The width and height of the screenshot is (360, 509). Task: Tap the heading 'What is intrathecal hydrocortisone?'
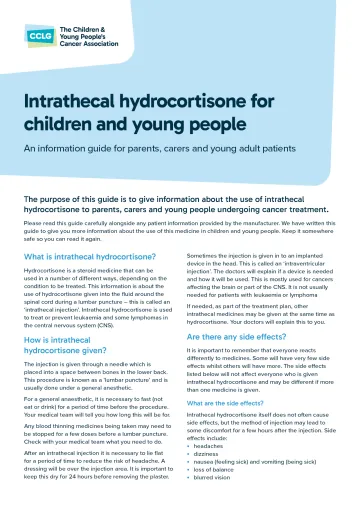(88, 257)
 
